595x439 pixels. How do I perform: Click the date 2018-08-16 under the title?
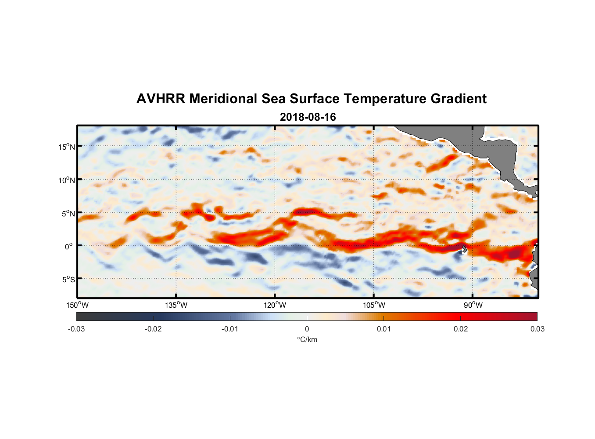pos(308,117)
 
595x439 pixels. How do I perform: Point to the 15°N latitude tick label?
pos(67,147)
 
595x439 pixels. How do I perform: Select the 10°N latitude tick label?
pos(67,180)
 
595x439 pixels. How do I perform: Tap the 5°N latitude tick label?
pos(68,213)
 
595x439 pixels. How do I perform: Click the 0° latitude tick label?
pos(69,246)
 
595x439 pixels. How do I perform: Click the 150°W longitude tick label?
pos(77,305)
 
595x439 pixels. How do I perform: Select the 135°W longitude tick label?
pos(176,305)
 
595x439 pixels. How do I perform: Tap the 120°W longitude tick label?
pos(275,305)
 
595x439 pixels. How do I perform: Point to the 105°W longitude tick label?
pos(374,305)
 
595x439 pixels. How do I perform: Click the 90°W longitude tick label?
pos(473,305)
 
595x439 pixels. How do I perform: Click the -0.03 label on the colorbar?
pos(76,329)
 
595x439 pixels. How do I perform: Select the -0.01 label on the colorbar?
pos(230,329)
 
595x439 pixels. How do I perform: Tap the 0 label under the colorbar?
pos(307,329)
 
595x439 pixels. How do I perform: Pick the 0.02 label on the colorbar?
pos(461,329)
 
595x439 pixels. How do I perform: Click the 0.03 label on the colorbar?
pos(537,329)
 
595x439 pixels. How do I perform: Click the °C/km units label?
pos(307,339)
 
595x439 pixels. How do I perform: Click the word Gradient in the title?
pos(459,99)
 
